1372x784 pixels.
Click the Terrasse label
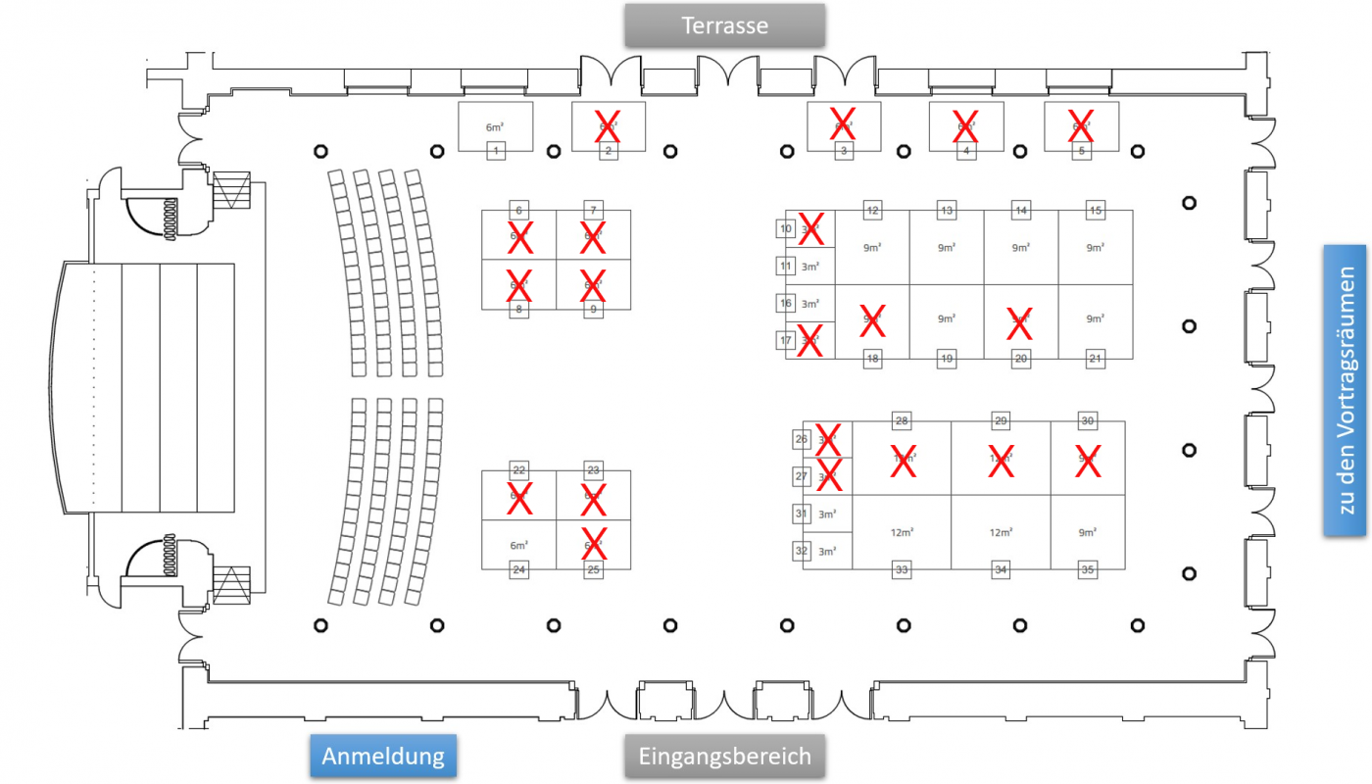click(725, 25)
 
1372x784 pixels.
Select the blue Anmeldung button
click(383, 757)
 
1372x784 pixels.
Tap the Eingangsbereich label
click(725, 757)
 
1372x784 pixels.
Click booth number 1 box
click(497, 151)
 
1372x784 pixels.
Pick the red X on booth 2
click(608, 124)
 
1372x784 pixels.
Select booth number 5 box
click(1082, 151)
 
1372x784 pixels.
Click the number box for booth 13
click(947, 211)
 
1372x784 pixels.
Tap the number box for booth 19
click(947, 359)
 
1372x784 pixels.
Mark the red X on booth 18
click(872, 319)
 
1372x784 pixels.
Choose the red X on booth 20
click(1021, 319)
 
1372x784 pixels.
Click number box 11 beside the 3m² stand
click(786, 267)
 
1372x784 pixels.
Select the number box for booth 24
click(519, 569)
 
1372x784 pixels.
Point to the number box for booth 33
click(902, 569)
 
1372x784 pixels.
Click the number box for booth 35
click(1087, 569)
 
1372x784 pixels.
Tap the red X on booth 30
click(1088, 462)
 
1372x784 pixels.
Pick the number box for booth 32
click(802, 551)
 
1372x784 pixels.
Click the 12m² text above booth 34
click(1001, 532)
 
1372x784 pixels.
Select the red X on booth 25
click(594, 543)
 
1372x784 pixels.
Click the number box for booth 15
click(1096, 211)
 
